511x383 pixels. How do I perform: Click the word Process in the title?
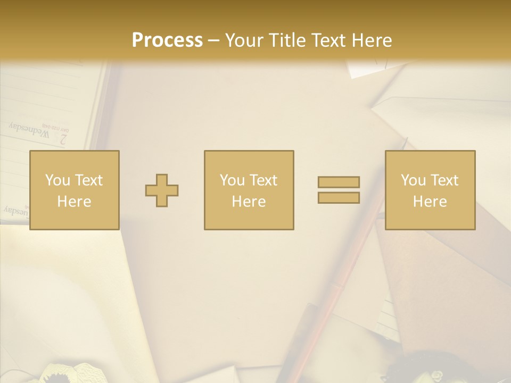167,40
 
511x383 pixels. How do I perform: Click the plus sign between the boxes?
162,190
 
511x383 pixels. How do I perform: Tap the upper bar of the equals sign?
339,182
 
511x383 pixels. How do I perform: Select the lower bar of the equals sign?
339,197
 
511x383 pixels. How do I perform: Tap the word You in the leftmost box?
57,180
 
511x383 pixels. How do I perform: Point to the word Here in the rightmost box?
430,202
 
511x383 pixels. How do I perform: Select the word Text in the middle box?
263,180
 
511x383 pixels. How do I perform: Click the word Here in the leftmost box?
75,202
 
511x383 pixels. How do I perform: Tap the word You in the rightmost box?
413,180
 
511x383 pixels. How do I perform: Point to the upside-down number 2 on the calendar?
63,139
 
